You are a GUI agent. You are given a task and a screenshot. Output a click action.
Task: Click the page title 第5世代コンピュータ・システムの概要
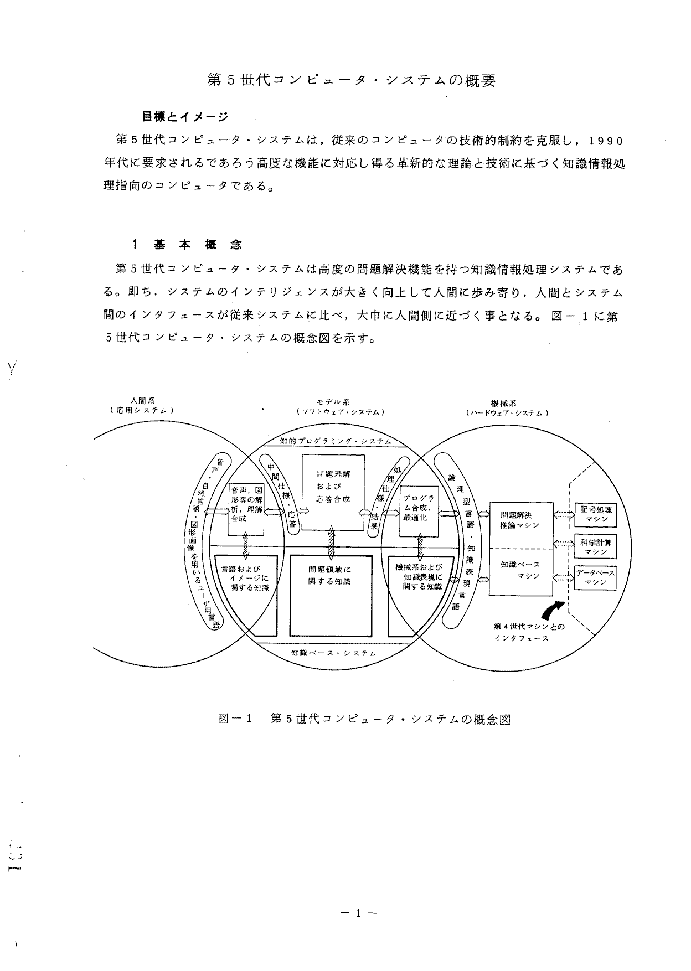pos(352,80)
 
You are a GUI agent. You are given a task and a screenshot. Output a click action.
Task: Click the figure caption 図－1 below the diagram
pos(235,719)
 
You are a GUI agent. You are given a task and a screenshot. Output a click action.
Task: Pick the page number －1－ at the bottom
pos(358,913)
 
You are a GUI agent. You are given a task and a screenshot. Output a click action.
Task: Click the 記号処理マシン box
pos(595,514)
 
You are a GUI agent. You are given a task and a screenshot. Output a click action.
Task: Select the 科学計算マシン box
pos(595,546)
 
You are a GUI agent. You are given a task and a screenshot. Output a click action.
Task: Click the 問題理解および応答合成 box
pos(333,491)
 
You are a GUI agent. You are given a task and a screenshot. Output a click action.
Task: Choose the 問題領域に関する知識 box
pos(331,596)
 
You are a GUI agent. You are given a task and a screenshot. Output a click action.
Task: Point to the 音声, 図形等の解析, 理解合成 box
pos(246,509)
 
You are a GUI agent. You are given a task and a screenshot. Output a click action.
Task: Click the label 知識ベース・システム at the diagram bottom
pos(334,653)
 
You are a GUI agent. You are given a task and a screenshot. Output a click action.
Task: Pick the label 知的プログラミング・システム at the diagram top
pos(336,441)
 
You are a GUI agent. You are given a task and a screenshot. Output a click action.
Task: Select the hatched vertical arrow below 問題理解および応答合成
pos(331,541)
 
